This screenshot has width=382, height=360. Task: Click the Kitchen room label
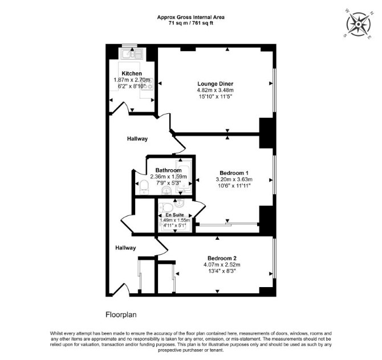coord(132,73)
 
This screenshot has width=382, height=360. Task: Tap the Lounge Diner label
coord(216,84)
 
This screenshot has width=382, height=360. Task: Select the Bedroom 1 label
coord(234,173)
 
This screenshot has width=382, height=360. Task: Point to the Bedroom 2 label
coord(222,258)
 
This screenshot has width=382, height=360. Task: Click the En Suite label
coord(174,215)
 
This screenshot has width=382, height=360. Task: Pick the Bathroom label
coord(169,170)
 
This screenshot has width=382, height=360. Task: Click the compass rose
coord(359,24)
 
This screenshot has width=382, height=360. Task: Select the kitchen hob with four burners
coord(147,84)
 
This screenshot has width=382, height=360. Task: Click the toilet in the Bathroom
coord(144,187)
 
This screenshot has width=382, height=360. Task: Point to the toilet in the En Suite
coord(166,208)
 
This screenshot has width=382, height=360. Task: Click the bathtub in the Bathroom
coord(184,176)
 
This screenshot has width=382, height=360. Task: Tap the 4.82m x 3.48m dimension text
coord(216,91)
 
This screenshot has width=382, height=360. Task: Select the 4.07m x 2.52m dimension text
coord(222,264)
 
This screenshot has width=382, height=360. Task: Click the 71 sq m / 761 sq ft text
coord(191,23)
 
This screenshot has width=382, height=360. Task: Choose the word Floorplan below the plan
coord(121,315)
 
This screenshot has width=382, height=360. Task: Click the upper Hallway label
coord(137,139)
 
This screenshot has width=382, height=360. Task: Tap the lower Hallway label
coord(125,248)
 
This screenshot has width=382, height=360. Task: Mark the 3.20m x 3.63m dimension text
coord(234,179)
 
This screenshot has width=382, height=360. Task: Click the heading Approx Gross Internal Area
coord(191,17)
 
